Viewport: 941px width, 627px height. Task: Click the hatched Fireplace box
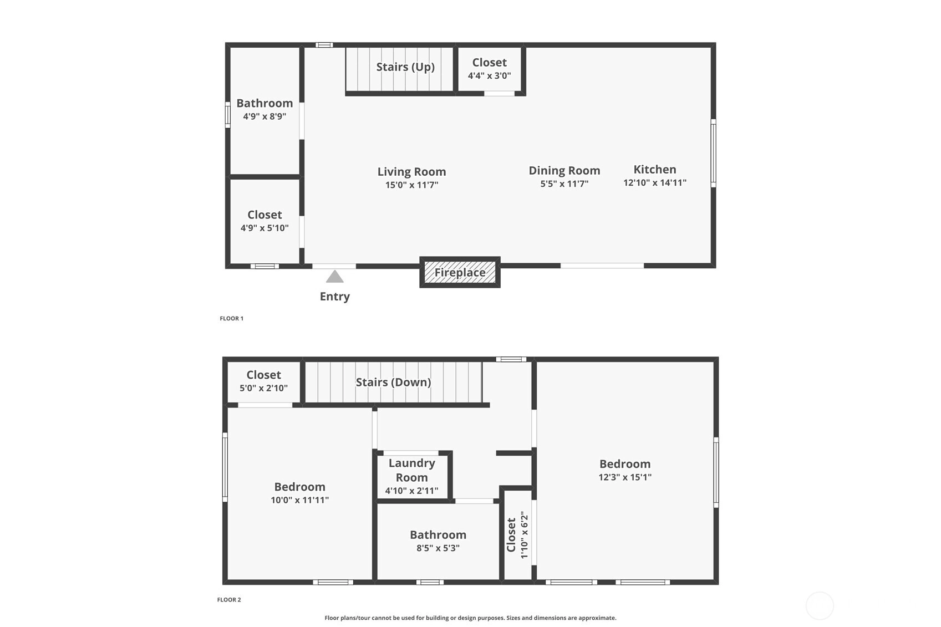click(x=460, y=272)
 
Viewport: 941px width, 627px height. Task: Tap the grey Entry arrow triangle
click(x=335, y=276)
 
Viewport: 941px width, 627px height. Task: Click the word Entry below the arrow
click(x=335, y=297)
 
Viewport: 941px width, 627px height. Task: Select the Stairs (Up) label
click(x=405, y=67)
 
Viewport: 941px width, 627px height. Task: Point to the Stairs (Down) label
click(x=394, y=382)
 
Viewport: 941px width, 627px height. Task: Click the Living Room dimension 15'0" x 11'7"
click(x=411, y=185)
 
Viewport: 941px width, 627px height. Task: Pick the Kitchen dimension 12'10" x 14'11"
click(x=655, y=183)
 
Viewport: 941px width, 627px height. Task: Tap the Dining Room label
click(x=564, y=171)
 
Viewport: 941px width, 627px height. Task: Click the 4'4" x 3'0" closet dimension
click(x=490, y=75)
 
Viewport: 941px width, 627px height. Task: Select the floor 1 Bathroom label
click(x=265, y=103)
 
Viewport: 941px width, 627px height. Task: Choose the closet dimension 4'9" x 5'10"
click(x=265, y=228)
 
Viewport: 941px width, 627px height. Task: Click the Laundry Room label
click(x=411, y=470)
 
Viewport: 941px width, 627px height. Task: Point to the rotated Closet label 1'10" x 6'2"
click(x=517, y=534)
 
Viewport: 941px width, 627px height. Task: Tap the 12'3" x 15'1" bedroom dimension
click(x=625, y=477)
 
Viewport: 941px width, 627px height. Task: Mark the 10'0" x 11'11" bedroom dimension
click(x=300, y=500)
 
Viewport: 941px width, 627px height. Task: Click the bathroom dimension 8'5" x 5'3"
click(x=438, y=548)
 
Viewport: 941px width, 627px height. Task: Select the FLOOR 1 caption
click(x=231, y=318)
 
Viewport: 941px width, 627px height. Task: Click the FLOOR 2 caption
click(x=229, y=600)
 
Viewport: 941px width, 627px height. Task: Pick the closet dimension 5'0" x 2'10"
click(x=264, y=388)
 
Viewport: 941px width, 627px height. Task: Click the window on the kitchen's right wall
click(x=713, y=153)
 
